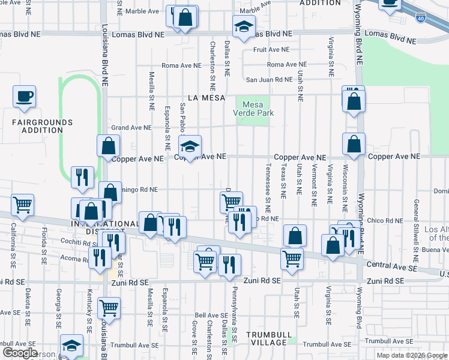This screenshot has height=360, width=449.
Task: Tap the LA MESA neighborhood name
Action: (206, 97)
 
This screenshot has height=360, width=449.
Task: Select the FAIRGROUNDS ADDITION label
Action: (43, 126)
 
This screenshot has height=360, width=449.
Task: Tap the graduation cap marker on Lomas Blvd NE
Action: (244, 27)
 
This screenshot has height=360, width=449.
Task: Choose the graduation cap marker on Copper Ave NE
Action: (190, 147)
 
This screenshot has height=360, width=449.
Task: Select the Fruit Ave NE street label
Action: (271, 50)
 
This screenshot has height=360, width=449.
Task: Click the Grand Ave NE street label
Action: (131, 127)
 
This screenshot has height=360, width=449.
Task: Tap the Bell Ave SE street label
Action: (209, 315)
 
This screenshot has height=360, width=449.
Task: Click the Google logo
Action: (20, 353)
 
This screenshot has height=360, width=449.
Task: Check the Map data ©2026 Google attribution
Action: (411, 355)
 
